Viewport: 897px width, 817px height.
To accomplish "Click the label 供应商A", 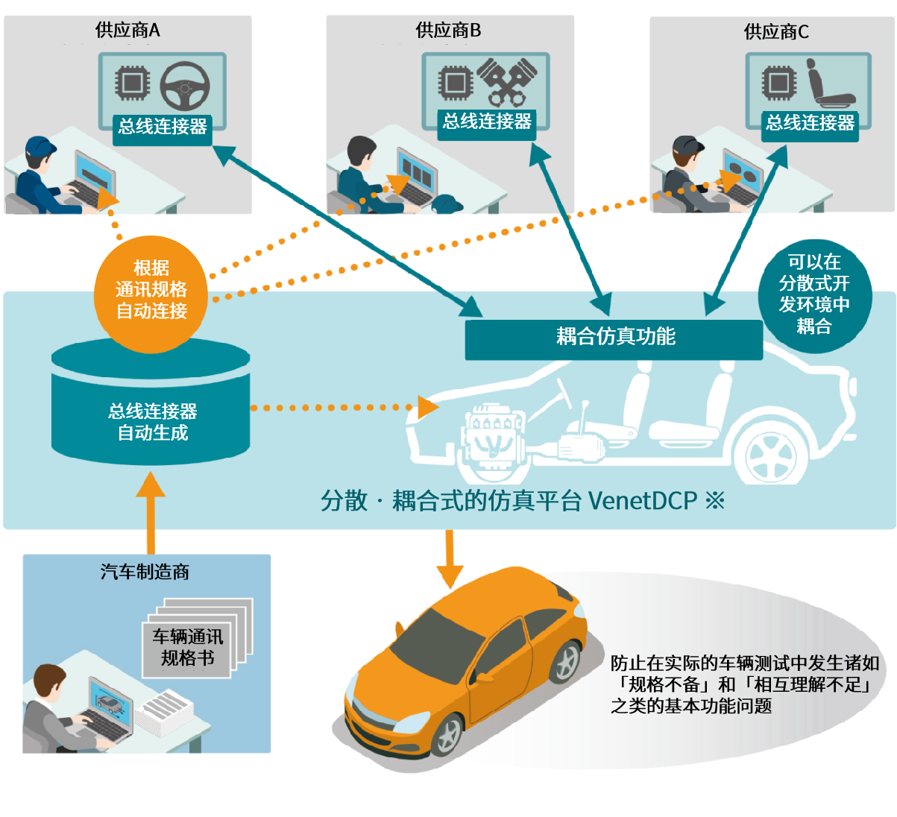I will (128, 31).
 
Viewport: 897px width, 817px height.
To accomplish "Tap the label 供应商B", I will (448, 31).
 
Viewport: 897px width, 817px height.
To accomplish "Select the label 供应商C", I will (776, 32).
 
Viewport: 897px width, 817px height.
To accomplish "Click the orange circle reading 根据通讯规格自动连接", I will (151, 290).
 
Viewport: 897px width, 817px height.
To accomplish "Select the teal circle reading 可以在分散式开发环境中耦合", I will (814, 294).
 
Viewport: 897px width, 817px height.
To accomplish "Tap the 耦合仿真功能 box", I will (614, 338).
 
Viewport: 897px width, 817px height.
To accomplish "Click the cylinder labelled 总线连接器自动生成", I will (151, 406).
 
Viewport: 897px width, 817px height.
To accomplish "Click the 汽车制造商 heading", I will (145, 572).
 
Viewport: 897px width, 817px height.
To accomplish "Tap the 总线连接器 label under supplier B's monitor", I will (487, 122).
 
